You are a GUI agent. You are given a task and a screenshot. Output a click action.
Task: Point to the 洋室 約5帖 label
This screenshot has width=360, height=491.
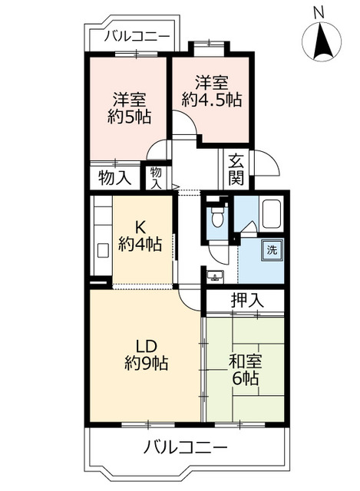[x=129, y=108]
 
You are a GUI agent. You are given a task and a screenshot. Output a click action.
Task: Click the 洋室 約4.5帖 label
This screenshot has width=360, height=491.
[x=210, y=90]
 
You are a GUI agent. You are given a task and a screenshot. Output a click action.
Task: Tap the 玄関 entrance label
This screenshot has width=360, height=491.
[x=236, y=170]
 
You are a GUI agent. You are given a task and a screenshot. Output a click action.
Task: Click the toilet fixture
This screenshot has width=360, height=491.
[x=218, y=216]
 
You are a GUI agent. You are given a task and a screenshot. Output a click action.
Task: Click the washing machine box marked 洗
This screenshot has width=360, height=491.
[x=271, y=249]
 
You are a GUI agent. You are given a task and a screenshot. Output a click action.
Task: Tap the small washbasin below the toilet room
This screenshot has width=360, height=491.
[x=214, y=275]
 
